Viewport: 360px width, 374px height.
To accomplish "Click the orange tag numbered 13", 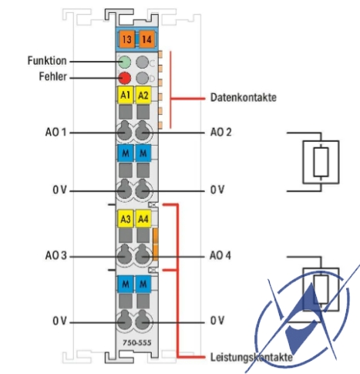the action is pyautogui.click(x=127, y=39).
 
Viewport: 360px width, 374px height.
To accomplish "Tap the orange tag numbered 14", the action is pyautogui.click(x=147, y=39).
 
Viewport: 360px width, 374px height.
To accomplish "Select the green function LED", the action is pyautogui.click(x=125, y=62).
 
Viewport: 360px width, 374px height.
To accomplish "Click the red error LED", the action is pyautogui.click(x=125, y=78).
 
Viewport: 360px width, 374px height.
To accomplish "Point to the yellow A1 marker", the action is pyautogui.click(x=126, y=95).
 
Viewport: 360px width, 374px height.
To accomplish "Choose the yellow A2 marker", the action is pyautogui.click(x=143, y=95).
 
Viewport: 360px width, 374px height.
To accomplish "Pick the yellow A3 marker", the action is pyautogui.click(x=126, y=219).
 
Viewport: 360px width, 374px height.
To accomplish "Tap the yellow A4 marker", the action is pyautogui.click(x=143, y=219).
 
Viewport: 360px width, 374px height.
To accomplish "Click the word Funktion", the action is pyautogui.click(x=47, y=61).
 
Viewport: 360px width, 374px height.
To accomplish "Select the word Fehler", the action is pyautogui.click(x=52, y=76).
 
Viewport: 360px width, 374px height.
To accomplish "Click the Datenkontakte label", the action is pyautogui.click(x=244, y=97).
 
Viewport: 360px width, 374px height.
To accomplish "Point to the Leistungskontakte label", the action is pyautogui.click(x=251, y=357).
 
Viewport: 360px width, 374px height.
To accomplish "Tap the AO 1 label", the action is pyautogui.click(x=56, y=132).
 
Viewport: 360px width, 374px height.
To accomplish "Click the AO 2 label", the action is pyautogui.click(x=220, y=132).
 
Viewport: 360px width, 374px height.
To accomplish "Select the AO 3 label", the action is pyautogui.click(x=56, y=255).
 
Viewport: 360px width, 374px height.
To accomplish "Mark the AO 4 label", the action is pyautogui.click(x=220, y=255).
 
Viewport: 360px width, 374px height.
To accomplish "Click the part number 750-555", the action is pyautogui.click(x=137, y=342).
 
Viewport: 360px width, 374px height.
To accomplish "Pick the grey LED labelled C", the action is pyautogui.click(x=143, y=62).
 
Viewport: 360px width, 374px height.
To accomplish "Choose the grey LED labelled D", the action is pyautogui.click(x=143, y=78).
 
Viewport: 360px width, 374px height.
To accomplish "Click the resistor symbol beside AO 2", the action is pyautogui.click(x=321, y=162).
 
